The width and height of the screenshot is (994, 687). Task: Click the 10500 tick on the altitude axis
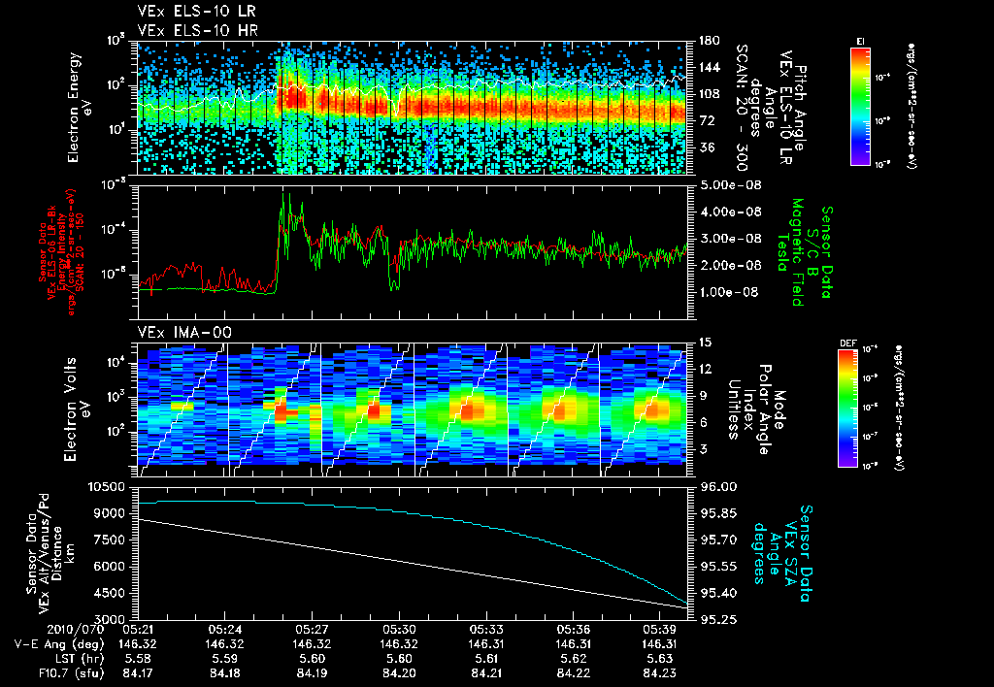[x=110, y=486]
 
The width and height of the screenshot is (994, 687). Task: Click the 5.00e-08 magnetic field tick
[x=719, y=184]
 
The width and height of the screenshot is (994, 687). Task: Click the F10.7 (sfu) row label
[x=42, y=671]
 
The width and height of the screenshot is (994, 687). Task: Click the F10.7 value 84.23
[x=664, y=671]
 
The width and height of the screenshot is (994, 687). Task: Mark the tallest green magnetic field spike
[x=284, y=195]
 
